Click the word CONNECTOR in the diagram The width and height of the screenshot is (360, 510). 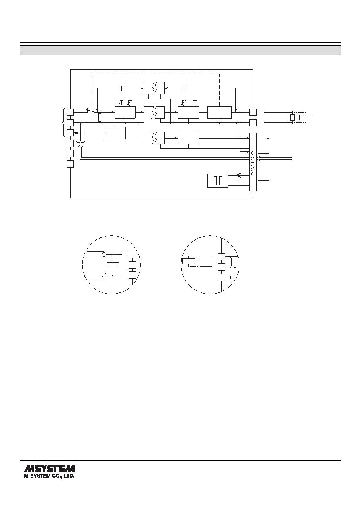click(253, 162)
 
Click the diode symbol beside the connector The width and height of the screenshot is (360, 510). click(239, 175)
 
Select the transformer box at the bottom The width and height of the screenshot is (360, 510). click(218, 181)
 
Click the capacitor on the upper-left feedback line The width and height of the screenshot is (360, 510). click(121, 88)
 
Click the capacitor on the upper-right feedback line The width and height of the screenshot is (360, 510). click(185, 88)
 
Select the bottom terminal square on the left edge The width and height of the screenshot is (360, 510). click(70, 164)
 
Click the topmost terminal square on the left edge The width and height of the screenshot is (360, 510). click(70, 112)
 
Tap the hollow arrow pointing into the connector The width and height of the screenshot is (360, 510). click(258, 158)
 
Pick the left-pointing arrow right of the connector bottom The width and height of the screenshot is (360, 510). click(264, 181)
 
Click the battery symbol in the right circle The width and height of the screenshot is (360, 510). click(230, 277)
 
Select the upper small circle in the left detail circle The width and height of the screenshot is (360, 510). click(104, 254)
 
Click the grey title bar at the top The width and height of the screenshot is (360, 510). click(180, 50)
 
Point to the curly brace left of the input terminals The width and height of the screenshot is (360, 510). click(63, 122)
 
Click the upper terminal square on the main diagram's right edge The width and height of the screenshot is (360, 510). click(253, 112)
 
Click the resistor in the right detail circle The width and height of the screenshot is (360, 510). click(230, 262)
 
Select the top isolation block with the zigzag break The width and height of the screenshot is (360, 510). click(154, 88)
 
